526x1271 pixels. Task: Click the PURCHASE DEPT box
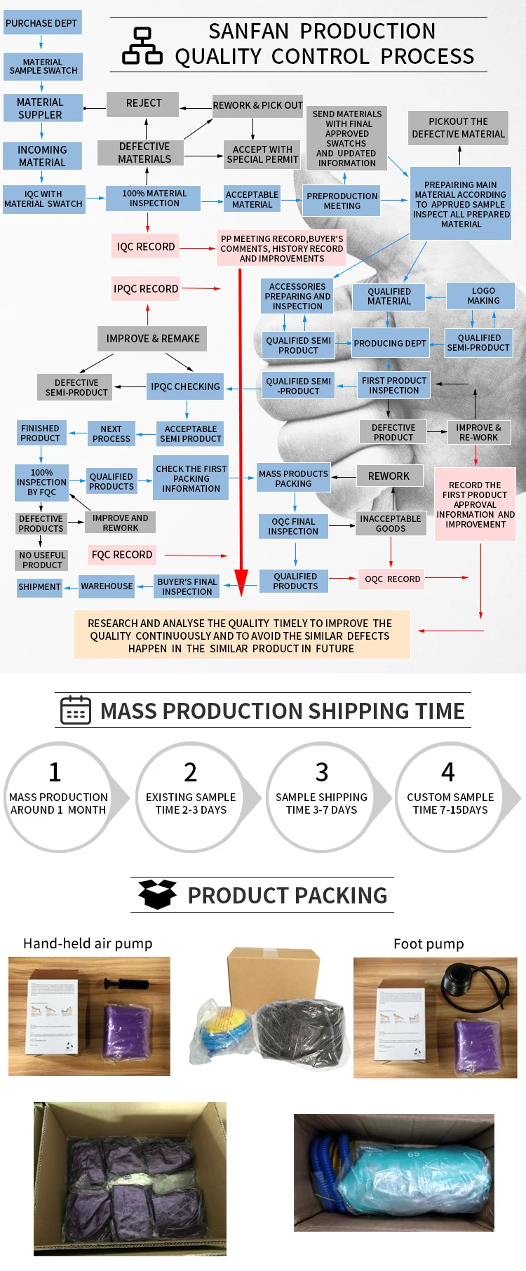pos(42,22)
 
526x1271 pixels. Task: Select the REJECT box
pos(143,103)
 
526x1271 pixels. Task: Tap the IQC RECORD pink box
pos(145,246)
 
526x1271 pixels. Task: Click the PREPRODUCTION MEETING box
pos(342,201)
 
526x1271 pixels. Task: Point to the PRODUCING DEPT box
pos(390,343)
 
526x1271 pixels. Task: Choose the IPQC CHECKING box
pos(185,386)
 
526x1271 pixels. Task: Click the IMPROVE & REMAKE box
pos(152,338)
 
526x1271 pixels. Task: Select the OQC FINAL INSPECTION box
pos(293,526)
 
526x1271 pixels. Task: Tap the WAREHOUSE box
pos(107,586)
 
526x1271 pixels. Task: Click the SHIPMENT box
pos(39,586)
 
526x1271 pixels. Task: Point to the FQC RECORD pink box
pos(121,554)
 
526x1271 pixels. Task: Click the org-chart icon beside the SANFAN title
pos(142,46)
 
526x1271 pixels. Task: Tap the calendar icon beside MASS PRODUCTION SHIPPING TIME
pos(76,710)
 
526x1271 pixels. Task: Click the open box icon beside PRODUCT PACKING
pos(157,894)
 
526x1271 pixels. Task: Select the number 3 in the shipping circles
pos(321,772)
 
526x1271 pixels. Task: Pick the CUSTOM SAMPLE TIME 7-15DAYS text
pos(450,803)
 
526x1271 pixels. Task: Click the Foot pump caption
pos(429,943)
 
